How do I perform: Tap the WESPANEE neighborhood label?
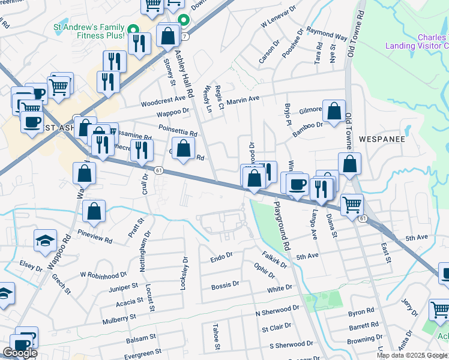tap(382, 139)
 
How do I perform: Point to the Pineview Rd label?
tap(96, 239)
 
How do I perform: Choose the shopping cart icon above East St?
tap(352, 205)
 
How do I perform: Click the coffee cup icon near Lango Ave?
tap(296, 184)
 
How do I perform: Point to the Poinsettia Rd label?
tap(178, 130)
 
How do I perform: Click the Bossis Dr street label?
tap(225, 286)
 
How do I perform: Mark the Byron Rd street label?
tap(361, 313)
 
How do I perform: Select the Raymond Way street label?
tap(327, 33)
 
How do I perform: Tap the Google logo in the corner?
tap(20, 353)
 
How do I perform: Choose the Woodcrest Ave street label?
tap(163, 98)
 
